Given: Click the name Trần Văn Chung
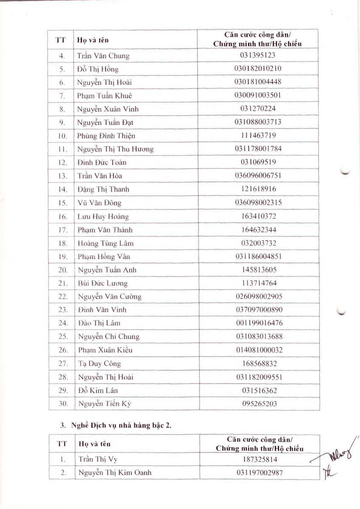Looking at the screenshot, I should [103, 56].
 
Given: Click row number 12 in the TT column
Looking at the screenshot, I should [62, 162].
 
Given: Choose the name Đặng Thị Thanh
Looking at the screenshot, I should [103, 189].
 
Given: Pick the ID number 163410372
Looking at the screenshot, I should [258, 216].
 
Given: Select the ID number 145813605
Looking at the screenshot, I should [258, 270].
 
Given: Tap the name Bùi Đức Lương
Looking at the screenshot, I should [103, 283].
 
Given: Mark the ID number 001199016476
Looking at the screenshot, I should [259, 323].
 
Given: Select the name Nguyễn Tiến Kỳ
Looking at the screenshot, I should [104, 404].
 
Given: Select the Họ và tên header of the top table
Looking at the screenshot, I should [93, 40].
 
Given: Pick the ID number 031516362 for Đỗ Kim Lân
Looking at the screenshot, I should [259, 390].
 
